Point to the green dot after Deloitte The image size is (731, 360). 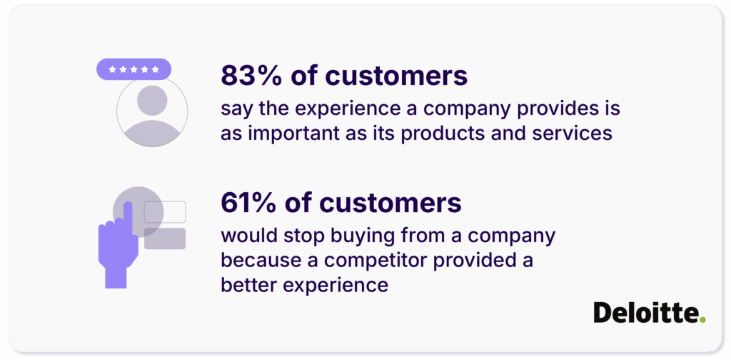click(x=702, y=319)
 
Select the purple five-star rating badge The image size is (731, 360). click(x=133, y=69)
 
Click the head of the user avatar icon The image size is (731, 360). click(x=151, y=100)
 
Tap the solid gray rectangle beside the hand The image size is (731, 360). click(x=165, y=239)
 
